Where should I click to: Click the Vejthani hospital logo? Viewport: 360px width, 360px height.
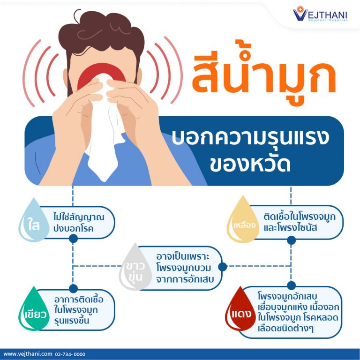(x=320, y=14)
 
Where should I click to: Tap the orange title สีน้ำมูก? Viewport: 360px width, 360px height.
(x=264, y=74)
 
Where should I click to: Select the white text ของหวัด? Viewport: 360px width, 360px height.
(x=250, y=164)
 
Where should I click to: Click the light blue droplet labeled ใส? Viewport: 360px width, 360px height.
(x=34, y=220)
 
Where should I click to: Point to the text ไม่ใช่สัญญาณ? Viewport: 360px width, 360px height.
(x=79, y=217)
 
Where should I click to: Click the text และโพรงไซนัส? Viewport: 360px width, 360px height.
(x=290, y=228)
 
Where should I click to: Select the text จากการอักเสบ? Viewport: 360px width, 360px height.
(x=185, y=279)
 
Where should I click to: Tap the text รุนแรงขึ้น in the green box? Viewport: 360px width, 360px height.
(x=72, y=321)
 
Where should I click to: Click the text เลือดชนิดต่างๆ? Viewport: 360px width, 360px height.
(x=285, y=328)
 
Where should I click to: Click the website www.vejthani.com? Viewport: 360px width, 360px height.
(x=28, y=354)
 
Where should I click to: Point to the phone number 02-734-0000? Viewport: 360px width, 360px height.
(x=70, y=354)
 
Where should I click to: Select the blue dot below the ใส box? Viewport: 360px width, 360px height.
(x=73, y=239)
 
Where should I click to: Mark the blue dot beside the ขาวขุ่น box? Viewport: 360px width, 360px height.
(x=223, y=267)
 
